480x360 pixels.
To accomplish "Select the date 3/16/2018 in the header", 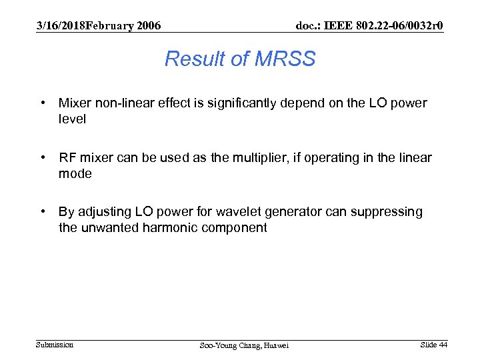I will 61,25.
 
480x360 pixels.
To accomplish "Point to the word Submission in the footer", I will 55,345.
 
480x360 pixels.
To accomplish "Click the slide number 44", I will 443,345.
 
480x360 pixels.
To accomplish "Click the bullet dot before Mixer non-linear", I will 43,103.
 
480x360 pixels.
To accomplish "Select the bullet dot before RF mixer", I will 43,158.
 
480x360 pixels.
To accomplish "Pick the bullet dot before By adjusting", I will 43,212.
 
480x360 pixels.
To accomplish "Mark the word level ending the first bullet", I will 72,119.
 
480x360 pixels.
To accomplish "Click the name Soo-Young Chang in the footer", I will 227,345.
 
